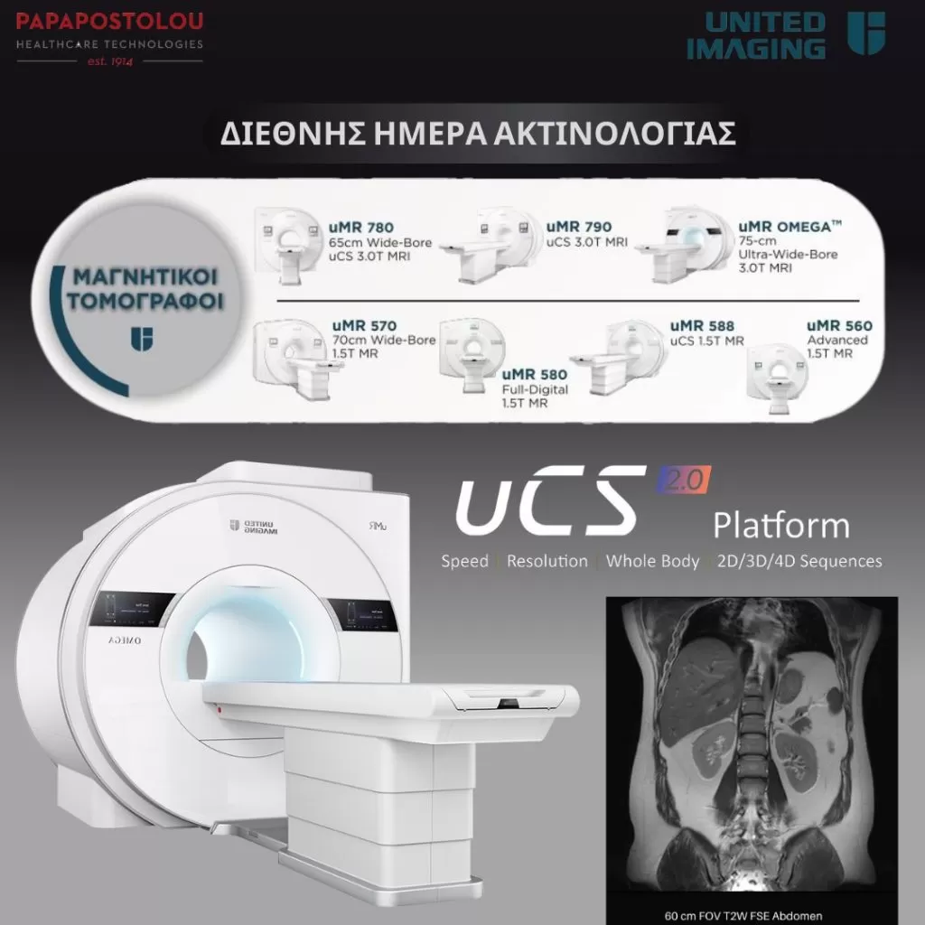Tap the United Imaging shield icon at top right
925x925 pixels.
pyautogui.click(x=866, y=33)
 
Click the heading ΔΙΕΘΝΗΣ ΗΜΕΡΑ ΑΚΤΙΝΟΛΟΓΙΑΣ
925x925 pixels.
pyautogui.click(x=478, y=133)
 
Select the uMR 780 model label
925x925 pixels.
pyautogui.click(x=363, y=228)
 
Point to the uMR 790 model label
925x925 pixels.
pyautogui.click(x=579, y=227)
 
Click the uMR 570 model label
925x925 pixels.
pyautogui.click(x=364, y=325)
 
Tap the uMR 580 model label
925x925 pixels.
pyautogui.click(x=535, y=375)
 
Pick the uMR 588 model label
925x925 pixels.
pyautogui.click(x=702, y=326)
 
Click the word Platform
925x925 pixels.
pyautogui.click(x=780, y=526)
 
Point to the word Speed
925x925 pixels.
pyautogui.click(x=464, y=561)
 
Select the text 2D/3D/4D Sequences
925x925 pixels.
pyautogui.click(x=799, y=561)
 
